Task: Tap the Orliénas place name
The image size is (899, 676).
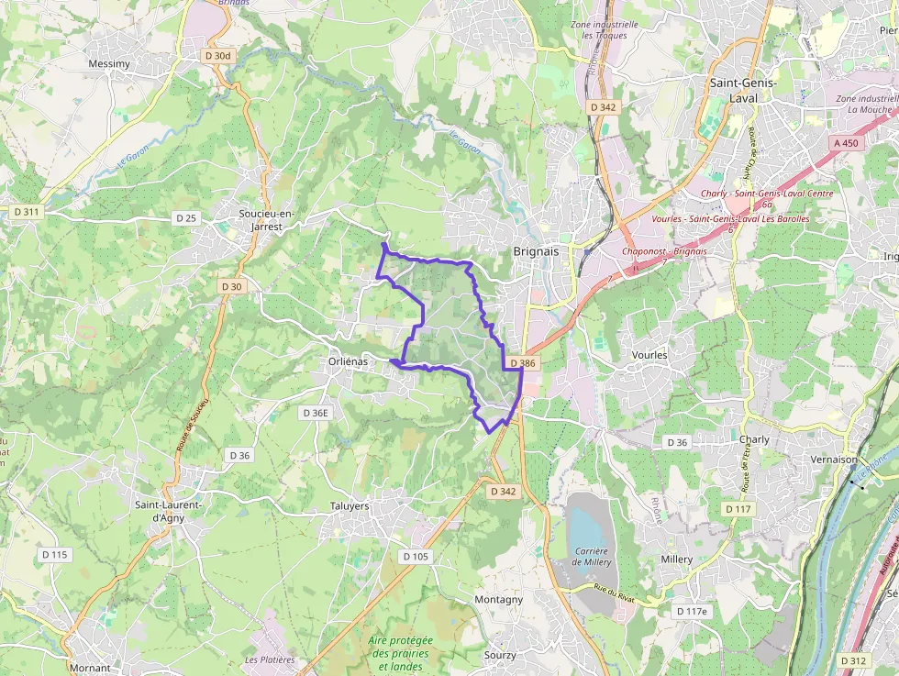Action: pyautogui.click(x=348, y=361)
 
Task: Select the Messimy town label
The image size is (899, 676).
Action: pyautogui.click(x=108, y=64)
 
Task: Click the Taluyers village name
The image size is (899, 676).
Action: pyautogui.click(x=349, y=505)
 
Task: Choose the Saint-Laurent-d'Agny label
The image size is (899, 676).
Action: pyautogui.click(x=168, y=511)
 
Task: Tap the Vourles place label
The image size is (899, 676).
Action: pyautogui.click(x=649, y=355)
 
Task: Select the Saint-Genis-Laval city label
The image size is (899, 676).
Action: pyautogui.click(x=743, y=90)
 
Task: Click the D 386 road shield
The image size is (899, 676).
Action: pyautogui.click(x=519, y=363)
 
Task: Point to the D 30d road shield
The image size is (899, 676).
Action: pyautogui.click(x=218, y=55)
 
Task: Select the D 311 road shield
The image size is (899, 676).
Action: pyautogui.click(x=27, y=212)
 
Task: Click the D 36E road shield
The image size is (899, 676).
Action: pyautogui.click(x=315, y=413)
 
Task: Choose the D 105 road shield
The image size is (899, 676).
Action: pyautogui.click(x=416, y=556)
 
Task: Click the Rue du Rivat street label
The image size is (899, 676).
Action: pyautogui.click(x=614, y=594)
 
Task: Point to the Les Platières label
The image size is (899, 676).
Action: pyautogui.click(x=270, y=659)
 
